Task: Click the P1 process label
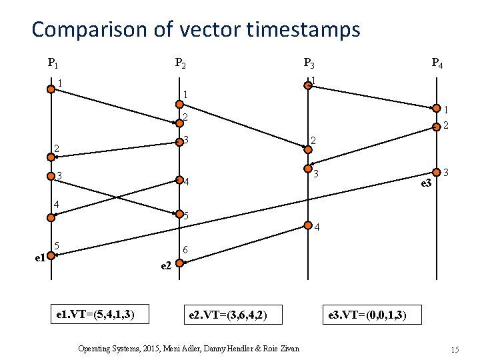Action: tap(52, 64)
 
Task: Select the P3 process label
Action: tap(309, 64)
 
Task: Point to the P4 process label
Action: tap(437, 64)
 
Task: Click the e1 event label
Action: tap(39, 257)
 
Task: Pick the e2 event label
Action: tap(167, 265)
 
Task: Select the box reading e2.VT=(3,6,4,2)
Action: tap(228, 313)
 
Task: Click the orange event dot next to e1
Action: tap(51, 253)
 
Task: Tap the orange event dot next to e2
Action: tap(179, 263)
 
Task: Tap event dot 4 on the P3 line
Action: tap(307, 224)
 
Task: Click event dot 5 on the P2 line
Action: tap(179, 215)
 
